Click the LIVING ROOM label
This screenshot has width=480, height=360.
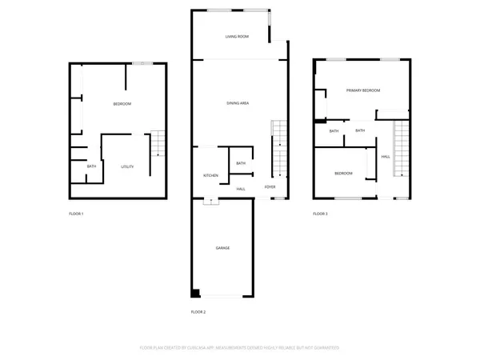pyautogui.click(x=237, y=37)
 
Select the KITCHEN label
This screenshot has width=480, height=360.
pyautogui.click(x=210, y=175)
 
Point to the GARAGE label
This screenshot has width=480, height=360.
pyautogui.click(x=222, y=248)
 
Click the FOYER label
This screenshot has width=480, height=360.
pyautogui.click(x=270, y=189)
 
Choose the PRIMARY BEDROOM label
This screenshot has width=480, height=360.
pyautogui.click(x=362, y=91)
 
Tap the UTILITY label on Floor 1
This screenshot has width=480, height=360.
pyautogui.click(x=127, y=166)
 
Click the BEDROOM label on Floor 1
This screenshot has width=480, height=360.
pyautogui.click(x=122, y=104)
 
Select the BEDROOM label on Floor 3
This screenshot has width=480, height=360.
pyautogui.click(x=343, y=174)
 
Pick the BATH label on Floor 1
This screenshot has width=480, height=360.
pyautogui.click(x=92, y=166)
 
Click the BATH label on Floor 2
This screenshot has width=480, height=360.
pyautogui.click(x=241, y=164)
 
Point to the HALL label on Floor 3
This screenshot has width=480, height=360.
pyautogui.click(x=386, y=156)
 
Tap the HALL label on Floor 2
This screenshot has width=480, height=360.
pyautogui.click(x=241, y=189)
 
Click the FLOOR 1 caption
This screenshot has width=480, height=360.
pyautogui.click(x=76, y=214)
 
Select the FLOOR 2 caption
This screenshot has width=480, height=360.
pyautogui.click(x=198, y=310)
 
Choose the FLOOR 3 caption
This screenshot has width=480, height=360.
pyautogui.click(x=320, y=214)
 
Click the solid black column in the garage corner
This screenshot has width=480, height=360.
pyautogui.click(x=194, y=292)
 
